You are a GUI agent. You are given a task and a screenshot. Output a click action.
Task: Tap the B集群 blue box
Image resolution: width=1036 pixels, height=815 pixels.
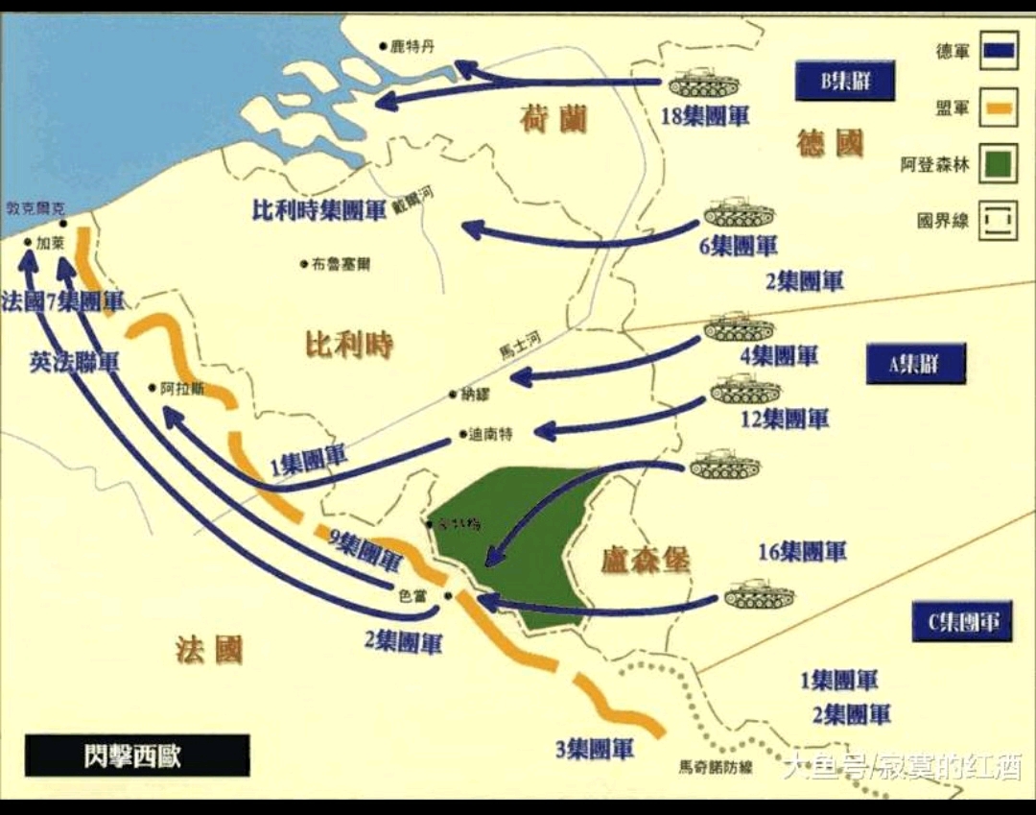click(x=844, y=82)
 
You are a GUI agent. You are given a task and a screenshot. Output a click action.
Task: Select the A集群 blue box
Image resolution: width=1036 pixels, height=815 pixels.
click(x=915, y=364)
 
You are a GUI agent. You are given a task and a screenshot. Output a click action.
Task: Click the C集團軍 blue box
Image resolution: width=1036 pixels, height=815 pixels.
click(x=961, y=621)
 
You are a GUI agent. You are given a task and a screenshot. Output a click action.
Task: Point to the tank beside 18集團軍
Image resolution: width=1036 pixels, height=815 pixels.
click(x=702, y=84)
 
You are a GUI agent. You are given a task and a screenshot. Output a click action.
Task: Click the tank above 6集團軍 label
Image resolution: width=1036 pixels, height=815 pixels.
click(x=738, y=212)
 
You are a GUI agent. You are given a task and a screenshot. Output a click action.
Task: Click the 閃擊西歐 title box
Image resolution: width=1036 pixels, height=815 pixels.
click(x=137, y=755)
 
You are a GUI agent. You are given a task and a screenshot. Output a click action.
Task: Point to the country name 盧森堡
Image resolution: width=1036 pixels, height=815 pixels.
click(x=646, y=560)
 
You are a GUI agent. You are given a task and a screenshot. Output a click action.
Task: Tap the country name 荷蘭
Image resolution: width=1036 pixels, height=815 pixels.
click(x=553, y=120)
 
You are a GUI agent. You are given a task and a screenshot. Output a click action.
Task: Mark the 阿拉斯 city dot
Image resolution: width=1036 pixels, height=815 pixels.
click(x=152, y=388)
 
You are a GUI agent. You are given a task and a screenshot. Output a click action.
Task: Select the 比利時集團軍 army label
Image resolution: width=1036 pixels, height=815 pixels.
click(x=318, y=209)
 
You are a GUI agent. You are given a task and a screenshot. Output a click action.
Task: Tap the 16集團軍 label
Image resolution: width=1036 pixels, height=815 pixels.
click(x=802, y=552)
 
